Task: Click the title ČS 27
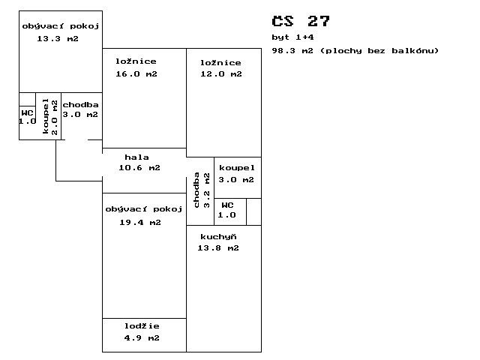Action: pyautogui.click(x=301, y=22)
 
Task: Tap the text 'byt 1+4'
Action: pyautogui.click(x=292, y=37)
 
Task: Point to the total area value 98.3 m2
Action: pyautogui.click(x=292, y=50)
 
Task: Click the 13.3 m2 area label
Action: pyautogui.click(x=58, y=39)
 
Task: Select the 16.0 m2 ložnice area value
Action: pyautogui.click(x=136, y=73)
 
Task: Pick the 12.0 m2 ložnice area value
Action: pyautogui.click(x=221, y=73)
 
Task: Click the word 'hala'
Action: pyautogui.click(x=136, y=157)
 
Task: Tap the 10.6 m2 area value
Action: pyautogui.click(x=139, y=168)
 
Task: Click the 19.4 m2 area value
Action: pyautogui.click(x=140, y=223)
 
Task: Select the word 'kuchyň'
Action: pyautogui.click(x=218, y=237)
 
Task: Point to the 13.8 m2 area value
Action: pyautogui.click(x=218, y=248)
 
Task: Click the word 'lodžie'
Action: pyautogui.click(x=142, y=325)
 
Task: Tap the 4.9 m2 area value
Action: pyautogui.click(x=142, y=338)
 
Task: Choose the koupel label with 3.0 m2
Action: pyautogui.click(x=237, y=168)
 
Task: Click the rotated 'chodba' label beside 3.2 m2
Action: pyautogui.click(x=196, y=190)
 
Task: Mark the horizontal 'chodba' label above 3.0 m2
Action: pyautogui.click(x=80, y=105)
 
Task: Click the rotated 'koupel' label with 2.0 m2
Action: pyautogui.click(x=45, y=116)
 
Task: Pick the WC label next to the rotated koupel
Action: pyautogui.click(x=27, y=113)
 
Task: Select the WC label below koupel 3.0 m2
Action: pyautogui.click(x=227, y=205)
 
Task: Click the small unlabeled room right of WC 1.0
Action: pyautogui.click(x=253, y=211)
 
